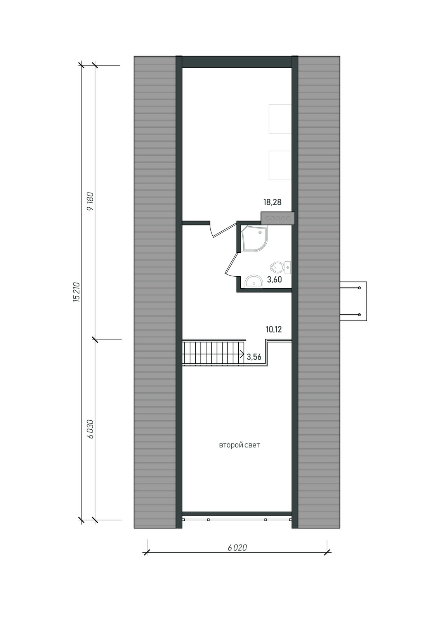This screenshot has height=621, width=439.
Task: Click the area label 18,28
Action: tap(272, 202)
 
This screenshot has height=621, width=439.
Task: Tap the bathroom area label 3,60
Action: tap(274, 280)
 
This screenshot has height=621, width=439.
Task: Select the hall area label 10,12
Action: tap(274, 330)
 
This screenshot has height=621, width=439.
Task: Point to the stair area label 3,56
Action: tap(254, 357)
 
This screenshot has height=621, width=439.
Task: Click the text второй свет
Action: tap(239, 446)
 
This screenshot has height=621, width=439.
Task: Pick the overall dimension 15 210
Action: tap(76, 292)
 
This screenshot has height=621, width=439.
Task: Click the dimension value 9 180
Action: tap(90, 201)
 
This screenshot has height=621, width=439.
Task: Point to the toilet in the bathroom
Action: tap(280, 267)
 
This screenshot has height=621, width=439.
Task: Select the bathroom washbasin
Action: tap(253, 282)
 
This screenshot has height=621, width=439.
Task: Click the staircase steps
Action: tap(213, 354)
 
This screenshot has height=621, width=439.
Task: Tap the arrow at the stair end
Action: tap(242, 354)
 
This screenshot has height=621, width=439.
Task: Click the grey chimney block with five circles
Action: tap(278, 218)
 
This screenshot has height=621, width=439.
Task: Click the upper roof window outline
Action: tap(280, 119)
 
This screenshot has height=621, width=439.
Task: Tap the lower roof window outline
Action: tap(280, 165)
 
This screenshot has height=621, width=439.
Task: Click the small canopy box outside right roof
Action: tap(354, 301)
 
